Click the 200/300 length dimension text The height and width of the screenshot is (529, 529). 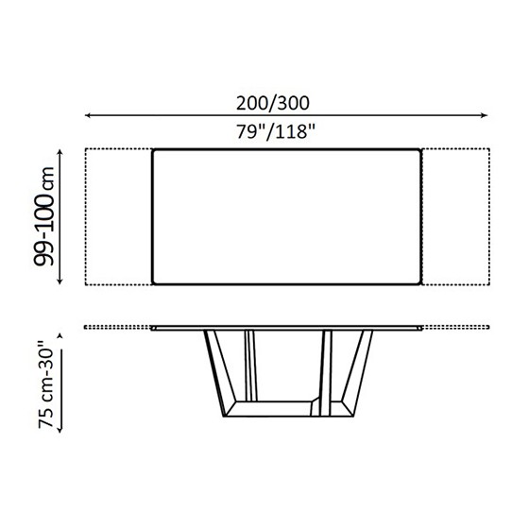click(273, 103)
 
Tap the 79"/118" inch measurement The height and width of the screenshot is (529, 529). click(275, 131)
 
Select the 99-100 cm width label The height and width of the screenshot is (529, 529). click(44, 216)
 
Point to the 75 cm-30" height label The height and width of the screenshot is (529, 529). click(46, 384)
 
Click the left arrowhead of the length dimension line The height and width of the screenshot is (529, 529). click(87, 115)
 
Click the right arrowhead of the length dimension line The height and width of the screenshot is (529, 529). click(485, 115)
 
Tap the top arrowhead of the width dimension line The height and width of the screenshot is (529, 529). click(60, 152)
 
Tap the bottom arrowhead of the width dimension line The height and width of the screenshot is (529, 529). click(60, 282)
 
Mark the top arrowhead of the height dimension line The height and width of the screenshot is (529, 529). click(60, 335)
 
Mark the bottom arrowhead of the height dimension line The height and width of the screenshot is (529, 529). click(60, 430)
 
